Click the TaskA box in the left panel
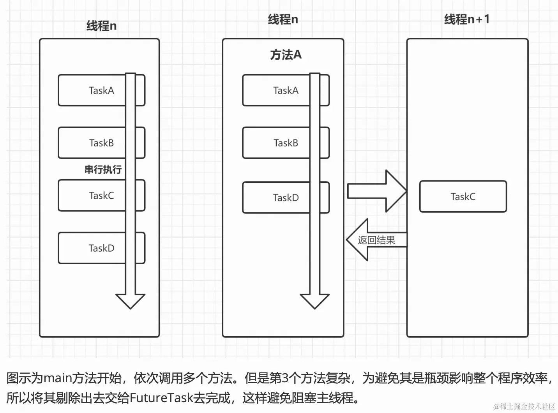(94, 90)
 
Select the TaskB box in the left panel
(94, 143)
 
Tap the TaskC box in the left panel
(94, 196)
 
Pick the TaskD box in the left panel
(94, 248)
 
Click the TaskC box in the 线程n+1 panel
(463, 196)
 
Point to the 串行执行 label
(103, 169)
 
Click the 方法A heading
(286, 55)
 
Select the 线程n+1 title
(466, 19)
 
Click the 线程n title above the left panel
(101, 26)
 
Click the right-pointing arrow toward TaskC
(376, 191)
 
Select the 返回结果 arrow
(376, 240)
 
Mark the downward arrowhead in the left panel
(131, 300)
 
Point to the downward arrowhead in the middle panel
(314, 300)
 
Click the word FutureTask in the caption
(161, 398)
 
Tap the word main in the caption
(58, 378)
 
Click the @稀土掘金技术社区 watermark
(524, 406)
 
